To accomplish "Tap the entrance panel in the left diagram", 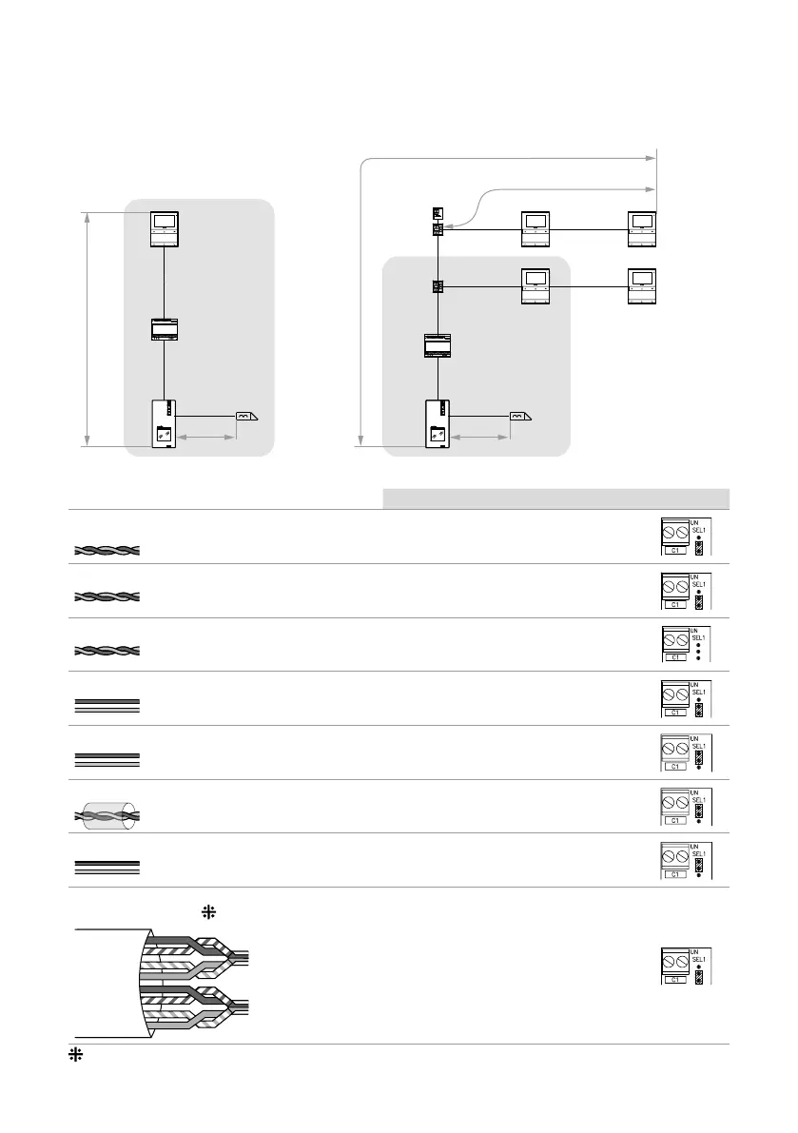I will point(165,424).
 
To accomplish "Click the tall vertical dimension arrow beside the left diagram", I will point(88,329).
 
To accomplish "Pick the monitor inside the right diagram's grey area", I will point(535,286).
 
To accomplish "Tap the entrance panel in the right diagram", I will point(438,424).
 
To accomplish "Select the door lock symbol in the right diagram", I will point(521,417).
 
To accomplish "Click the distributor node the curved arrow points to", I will point(438,229).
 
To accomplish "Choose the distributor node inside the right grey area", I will point(438,285).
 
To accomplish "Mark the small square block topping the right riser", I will point(438,211).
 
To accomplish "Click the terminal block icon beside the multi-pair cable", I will point(686,966).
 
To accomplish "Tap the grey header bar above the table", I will point(555,498).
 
